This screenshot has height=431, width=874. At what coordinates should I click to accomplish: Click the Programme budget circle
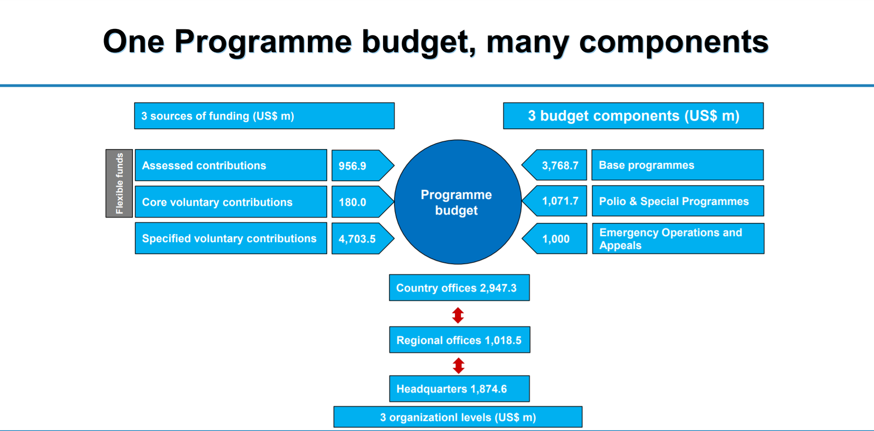click(457, 202)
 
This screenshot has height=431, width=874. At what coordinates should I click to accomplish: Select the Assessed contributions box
click(231, 165)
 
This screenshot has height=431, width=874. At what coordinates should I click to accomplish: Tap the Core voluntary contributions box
click(231, 202)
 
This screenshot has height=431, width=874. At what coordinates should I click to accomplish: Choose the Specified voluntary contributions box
click(231, 238)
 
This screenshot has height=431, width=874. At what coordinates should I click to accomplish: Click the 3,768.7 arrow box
click(557, 165)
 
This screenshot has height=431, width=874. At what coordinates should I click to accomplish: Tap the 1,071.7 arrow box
click(557, 201)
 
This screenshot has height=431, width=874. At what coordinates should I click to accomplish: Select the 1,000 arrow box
click(557, 238)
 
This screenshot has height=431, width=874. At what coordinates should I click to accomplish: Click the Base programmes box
click(677, 165)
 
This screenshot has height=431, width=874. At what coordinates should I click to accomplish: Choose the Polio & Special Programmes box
click(677, 201)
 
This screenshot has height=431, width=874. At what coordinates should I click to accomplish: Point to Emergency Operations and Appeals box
click(677, 238)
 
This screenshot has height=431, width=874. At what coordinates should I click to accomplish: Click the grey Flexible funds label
click(119, 183)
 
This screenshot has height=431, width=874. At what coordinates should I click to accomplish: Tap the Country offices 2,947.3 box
click(459, 288)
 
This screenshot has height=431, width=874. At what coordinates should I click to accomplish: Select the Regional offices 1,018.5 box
click(459, 340)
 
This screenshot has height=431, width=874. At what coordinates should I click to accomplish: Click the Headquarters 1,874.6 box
click(459, 389)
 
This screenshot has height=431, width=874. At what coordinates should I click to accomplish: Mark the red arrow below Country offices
click(458, 315)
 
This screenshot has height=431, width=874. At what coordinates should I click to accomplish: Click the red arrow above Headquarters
click(459, 365)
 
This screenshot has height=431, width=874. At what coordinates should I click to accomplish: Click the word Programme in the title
click(263, 42)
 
